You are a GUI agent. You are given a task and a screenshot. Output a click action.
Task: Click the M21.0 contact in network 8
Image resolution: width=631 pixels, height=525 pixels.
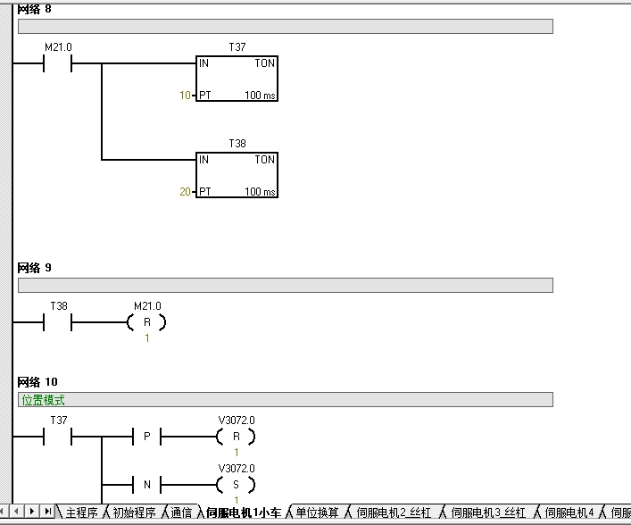tap(57, 63)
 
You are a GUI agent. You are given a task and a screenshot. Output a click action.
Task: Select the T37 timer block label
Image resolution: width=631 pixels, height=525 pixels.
tap(237, 47)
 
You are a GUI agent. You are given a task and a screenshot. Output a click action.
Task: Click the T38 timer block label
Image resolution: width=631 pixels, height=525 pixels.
tap(237, 144)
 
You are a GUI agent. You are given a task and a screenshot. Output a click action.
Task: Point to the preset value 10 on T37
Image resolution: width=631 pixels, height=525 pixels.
tap(185, 95)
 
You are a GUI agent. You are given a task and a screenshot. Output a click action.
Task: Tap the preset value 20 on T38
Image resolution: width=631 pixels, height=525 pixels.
tap(185, 192)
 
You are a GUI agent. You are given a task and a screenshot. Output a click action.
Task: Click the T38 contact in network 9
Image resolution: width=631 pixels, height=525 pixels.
tap(57, 322)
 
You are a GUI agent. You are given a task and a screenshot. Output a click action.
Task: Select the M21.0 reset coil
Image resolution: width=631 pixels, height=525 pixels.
tap(147, 322)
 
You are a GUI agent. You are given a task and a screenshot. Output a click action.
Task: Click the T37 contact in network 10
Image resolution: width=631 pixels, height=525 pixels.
tap(57, 437)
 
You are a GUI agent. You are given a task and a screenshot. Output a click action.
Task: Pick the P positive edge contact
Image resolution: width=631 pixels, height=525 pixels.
tap(147, 437)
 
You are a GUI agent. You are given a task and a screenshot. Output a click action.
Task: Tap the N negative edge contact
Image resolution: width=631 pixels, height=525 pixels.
tap(147, 484)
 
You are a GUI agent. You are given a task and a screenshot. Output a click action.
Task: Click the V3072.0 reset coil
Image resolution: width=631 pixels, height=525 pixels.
tap(237, 437)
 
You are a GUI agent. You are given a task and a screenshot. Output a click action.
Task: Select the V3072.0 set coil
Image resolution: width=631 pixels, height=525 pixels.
tap(237, 484)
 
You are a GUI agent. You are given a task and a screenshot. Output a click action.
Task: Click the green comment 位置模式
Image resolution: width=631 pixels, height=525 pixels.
tap(43, 400)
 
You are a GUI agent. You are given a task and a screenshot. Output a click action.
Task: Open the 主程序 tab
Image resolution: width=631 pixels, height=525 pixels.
tap(82, 512)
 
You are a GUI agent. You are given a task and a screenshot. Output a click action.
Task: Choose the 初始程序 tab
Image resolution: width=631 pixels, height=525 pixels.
tap(134, 512)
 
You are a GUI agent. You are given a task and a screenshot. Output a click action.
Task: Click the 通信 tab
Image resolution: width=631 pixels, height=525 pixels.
tap(181, 512)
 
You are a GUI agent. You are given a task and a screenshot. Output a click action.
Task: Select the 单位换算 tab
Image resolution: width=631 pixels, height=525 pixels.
tap(317, 512)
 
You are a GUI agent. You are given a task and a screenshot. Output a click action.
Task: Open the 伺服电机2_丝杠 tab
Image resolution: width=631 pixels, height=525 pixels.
tap(394, 512)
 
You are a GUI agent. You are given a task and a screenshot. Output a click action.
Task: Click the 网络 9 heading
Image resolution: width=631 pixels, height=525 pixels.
tap(34, 268)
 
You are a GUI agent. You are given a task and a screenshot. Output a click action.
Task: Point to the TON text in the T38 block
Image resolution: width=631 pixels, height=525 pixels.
tap(264, 160)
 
